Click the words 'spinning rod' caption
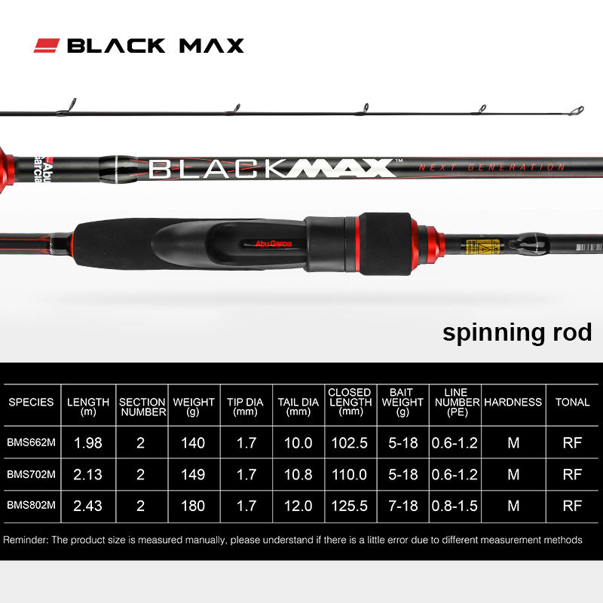(x=517, y=332)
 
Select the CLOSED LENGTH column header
(x=350, y=402)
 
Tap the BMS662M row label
(x=31, y=443)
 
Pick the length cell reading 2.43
(x=89, y=506)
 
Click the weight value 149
(x=194, y=475)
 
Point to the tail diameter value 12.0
(x=298, y=506)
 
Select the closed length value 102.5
(x=350, y=443)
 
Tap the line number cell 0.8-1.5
(x=455, y=506)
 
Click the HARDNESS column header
(x=513, y=403)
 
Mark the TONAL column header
(x=572, y=403)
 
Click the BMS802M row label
(x=31, y=506)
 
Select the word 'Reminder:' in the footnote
(x=26, y=540)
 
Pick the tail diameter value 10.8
(x=298, y=475)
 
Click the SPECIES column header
(x=31, y=403)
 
